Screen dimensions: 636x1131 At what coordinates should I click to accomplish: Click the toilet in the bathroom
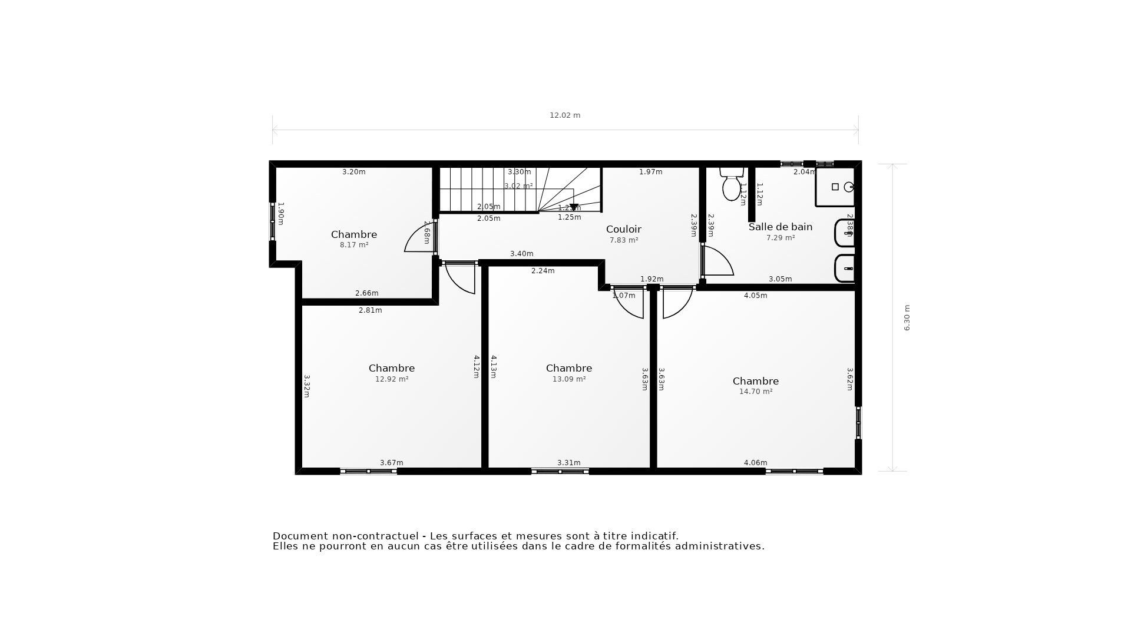[x=731, y=185]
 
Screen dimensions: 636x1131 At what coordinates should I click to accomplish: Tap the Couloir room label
[x=623, y=229]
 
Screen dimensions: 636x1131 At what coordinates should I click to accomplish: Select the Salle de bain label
[x=780, y=227]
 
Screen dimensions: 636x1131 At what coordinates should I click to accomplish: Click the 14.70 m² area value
[x=755, y=392]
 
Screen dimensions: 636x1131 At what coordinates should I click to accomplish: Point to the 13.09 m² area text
[x=568, y=379]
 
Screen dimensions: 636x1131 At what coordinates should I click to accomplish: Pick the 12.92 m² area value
[x=391, y=379]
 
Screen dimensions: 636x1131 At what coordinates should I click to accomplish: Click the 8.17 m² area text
[x=353, y=245]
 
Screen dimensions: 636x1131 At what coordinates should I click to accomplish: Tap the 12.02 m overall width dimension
[x=564, y=115]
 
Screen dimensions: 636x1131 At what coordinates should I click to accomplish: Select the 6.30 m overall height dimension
[x=907, y=317]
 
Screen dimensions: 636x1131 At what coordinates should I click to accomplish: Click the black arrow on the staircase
[x=574, y=207]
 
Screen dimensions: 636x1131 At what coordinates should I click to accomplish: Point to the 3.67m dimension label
[x=391, y=463]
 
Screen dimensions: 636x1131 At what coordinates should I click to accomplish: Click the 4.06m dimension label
[x=755, y=463]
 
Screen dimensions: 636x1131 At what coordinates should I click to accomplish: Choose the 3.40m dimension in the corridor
[x=521, y=254]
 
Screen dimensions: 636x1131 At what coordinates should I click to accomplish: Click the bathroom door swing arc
[x=720, y=261]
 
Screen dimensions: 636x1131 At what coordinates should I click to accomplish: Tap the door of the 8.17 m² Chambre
[x=418, y=238]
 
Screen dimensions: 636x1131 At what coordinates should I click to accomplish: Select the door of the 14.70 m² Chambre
[x=677, y=303]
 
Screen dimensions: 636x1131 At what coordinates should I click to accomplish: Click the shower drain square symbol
[x=835, y=187]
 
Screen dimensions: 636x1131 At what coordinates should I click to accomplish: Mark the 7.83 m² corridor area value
[x=623, y=240]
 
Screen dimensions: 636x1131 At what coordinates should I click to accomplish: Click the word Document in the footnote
[x=300, y=536]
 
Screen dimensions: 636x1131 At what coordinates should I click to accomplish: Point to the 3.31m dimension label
[x=568, y=463]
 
